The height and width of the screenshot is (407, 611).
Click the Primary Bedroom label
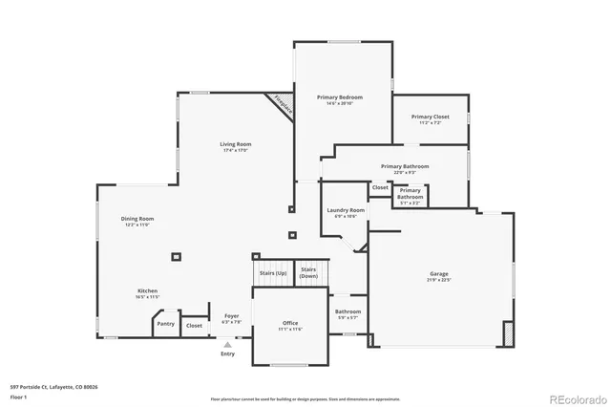[342, 97]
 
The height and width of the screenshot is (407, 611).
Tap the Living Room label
[237, 144]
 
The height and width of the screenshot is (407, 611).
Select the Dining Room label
[137, 219]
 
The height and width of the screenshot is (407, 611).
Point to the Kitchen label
[147, 290]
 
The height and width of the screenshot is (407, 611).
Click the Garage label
[438, 274]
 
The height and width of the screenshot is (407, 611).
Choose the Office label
[290, 323]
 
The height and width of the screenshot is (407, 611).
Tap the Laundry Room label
[345, 210]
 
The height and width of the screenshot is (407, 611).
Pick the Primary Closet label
[431, 117]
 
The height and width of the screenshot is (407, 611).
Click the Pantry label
[165, 325]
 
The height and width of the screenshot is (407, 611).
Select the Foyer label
[232, 315]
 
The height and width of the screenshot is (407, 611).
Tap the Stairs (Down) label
[308, 272]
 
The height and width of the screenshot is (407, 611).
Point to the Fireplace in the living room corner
[282, 105]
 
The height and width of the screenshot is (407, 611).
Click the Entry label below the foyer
[227, 353]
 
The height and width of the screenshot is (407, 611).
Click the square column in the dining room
[176, 256]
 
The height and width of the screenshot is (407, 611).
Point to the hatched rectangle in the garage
[508, 334]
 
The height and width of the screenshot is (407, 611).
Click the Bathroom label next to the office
[348, 311]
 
